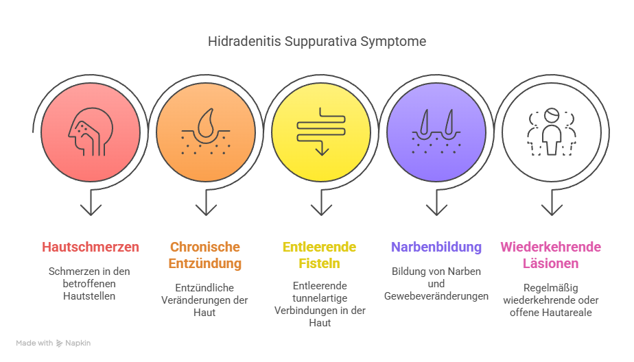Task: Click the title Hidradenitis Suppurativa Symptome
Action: (x=317, y=42)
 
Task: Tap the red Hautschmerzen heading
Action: (x=91, y=247)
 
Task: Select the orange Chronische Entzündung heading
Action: (x=205, y=255)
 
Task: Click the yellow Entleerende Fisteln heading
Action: (x=320, y=255)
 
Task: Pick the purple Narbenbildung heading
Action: (x=436, y=247)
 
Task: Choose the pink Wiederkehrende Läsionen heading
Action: (x=551, y=255)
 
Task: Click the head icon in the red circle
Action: (x=91, y=132)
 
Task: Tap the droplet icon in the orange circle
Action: (x=206, y=132)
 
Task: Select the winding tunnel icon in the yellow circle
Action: (x=321, y=132)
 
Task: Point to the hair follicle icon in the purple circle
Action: (x=436, y=132)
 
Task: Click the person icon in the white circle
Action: (x=552, y=132)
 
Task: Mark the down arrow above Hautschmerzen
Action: (x=91, y=202)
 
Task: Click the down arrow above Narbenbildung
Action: (x=436, y=202)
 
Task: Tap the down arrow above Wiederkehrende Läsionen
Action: (x=552, y=202)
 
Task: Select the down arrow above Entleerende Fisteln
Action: (x=321, y=202)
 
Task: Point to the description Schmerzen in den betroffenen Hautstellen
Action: (x=89, y=284)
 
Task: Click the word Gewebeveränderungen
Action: (x=436, y=296)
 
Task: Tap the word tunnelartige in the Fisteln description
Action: (x=320, y=298)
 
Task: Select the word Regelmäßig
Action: (x=551, y=288)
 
